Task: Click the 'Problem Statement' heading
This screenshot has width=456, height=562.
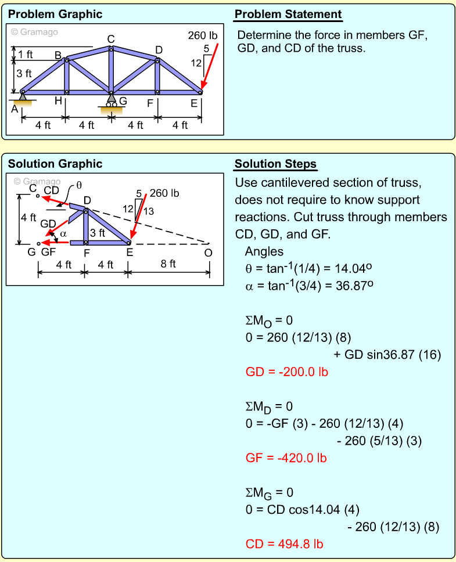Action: pyautogui.click(x=288, y=15)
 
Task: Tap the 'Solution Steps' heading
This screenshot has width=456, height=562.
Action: pyautogui.click(x=276, y=164)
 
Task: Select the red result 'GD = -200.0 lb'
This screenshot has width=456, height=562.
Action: pyautogui.click(x=286, y=372)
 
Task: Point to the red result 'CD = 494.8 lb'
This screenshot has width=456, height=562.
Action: pyautogui.click(x=284, y=544)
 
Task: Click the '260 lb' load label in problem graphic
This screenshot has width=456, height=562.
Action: pyautogui.click(x=202, y=36)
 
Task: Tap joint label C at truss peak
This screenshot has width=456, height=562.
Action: pyautogui.click(x=111, y=39)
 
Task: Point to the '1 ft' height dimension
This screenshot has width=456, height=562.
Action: pyautogui.click(x=25, y=55)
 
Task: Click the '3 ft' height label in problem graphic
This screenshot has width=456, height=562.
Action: pyautogui.click(x=24, y=74)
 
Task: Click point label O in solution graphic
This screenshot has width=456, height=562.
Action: pyautogui.click(x=208, y=253)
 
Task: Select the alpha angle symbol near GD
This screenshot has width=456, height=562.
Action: pyautogui.click(x=64, y=234)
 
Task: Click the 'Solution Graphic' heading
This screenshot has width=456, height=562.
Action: pyautogui.click(x=55, y=164)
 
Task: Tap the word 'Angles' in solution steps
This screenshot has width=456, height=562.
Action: pyautogui.click(x=264, y=252)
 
